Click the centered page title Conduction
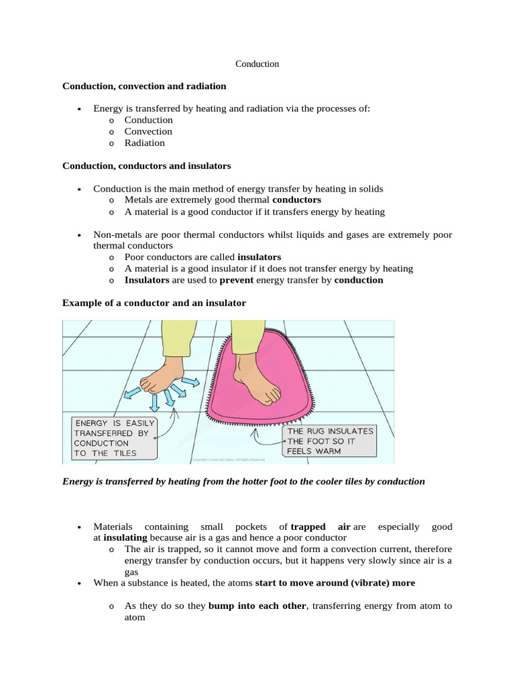click(257, 64)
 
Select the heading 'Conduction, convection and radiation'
click(144, 86)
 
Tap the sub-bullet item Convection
click(148, 131)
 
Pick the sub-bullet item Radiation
click(144, 143)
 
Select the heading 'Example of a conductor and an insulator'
click(154, 303)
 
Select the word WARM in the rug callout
click(325, 451)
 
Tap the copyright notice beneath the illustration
click(229, 460)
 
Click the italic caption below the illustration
click(243, 481)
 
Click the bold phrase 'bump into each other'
click(257, 606)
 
